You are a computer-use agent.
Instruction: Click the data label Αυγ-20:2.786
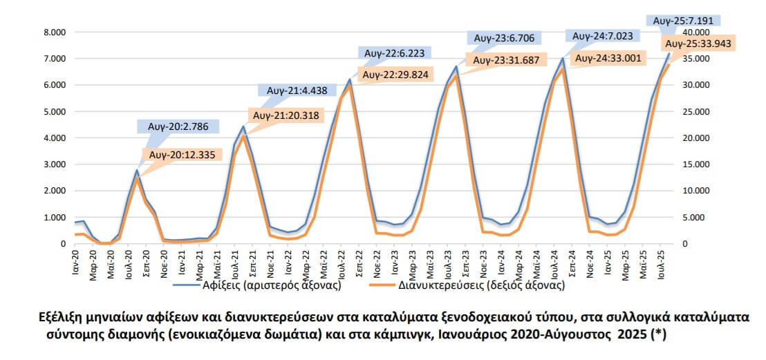tap(178, 126)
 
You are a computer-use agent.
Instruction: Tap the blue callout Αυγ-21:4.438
tap(297, 90)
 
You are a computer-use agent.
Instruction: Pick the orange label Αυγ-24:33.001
tap(609, 59)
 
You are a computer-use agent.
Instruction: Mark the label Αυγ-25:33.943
tap(698, 44)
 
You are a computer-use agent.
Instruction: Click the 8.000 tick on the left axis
tap(54, 32)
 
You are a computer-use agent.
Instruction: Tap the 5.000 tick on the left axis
tap(54, 112)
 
